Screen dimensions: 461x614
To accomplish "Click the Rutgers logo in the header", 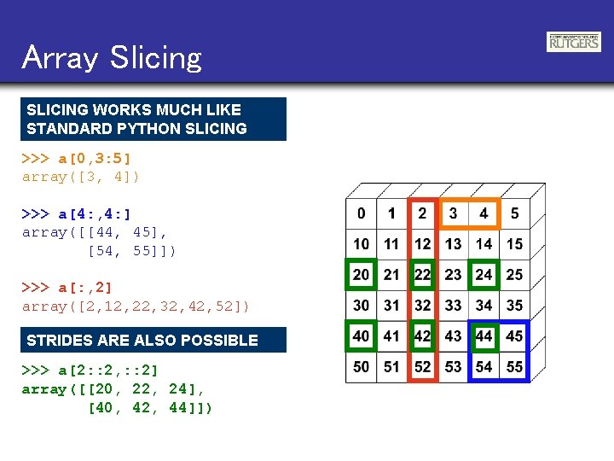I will pyautogui.click(x=573, y=42).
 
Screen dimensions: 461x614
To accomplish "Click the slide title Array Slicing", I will pyautogui.click(x=112, y=57).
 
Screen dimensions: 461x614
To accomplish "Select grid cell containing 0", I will pyautogui.click(x=362, y=213).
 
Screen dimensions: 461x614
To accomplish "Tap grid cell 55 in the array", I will pyautogui.click(x=514, y=366).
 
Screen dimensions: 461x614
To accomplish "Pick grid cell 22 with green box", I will pyautogui.click(x=423, y=275).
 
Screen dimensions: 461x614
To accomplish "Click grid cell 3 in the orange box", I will pyautogui.click(x=453, y=213).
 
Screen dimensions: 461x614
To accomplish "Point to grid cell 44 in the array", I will pyautogui.click(x=484, y=336).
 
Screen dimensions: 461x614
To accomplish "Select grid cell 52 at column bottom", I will pyautogui.click(x=423, y=366).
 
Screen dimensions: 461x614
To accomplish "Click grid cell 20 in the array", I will pyautogui.click(x=362, y=275).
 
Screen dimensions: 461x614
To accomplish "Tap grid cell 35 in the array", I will pyautogui.click(x=514, y=305).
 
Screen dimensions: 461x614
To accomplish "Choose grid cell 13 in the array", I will pyautogui.click(x=453, y=244).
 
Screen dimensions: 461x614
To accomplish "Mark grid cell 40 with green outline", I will pyautogui.click(x=362, y=336).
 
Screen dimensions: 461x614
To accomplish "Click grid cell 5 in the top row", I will pyautogui.click(x=514, y=213).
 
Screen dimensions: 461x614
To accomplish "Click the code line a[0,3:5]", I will pyautogui.click(x=77, y=159).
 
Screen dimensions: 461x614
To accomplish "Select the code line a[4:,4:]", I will pyautogui.click(x=77, y=213).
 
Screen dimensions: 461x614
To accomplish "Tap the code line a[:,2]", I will pyautogui.click(x=67, y=288).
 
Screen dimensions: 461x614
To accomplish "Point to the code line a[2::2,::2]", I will pyautogui.click(x=90, y=371).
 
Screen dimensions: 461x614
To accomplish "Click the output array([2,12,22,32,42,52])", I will pyautogui.click(x=136, y=306).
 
